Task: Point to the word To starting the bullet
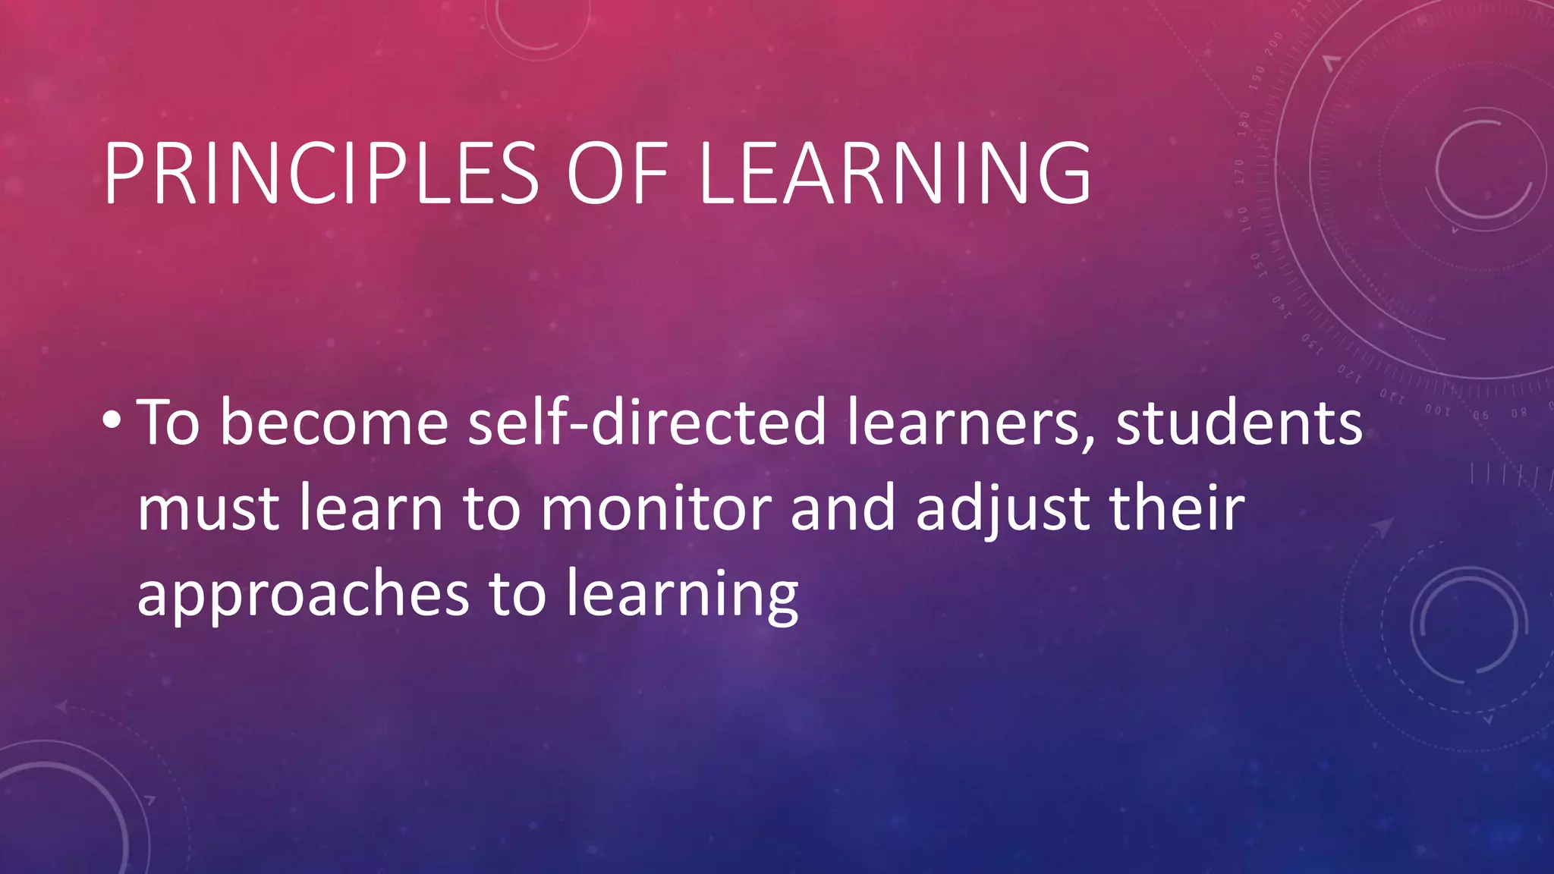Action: pos(168,423)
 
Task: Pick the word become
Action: pos(335,423)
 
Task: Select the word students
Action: pos(1239,423)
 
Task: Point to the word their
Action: pos(1177,508)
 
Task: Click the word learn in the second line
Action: pos(371,508)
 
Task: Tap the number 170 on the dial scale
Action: pos(1239,172)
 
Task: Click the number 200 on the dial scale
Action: pos(1274,43)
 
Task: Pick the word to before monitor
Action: pos(492,508)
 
